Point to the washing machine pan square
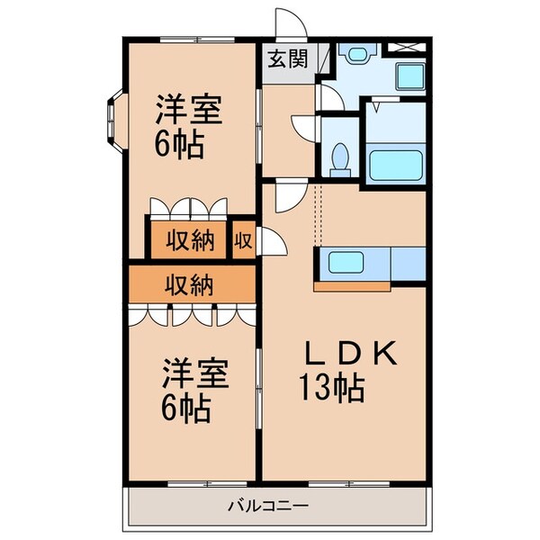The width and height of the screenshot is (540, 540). click(411, 80)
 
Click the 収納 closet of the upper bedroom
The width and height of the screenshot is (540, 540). click(189, 240)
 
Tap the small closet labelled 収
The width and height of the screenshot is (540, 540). click(243, 240)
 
